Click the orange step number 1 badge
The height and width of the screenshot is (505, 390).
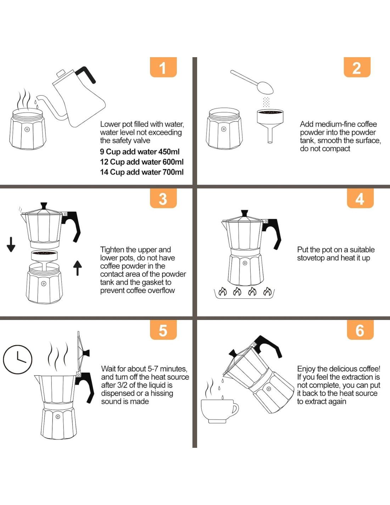pos(163,67)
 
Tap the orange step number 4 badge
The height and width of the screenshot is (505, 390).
pos(360,198)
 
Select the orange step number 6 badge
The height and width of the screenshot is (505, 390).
pos(360,330)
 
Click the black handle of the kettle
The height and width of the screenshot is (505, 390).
pos(86,74)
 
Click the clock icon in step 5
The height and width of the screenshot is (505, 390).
pos(18,359)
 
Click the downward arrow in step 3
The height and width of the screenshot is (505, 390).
pos(11,244)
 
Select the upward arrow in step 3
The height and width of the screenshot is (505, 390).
pos(78,268)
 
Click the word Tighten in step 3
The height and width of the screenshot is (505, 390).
pos(112,250)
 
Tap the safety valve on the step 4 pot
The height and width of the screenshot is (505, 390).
pos(245,263)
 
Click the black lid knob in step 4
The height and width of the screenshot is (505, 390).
pos(244,213)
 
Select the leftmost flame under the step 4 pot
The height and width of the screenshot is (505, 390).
pos(223,291)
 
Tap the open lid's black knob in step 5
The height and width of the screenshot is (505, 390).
pos(86,353)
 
